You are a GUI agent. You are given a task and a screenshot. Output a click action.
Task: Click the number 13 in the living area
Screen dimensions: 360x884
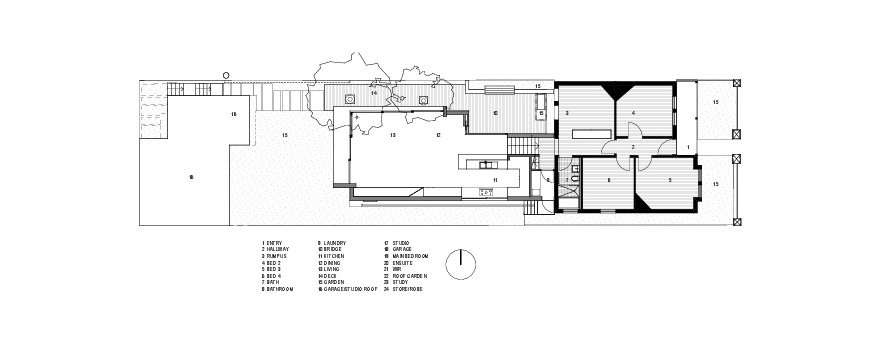click(x=393, y=133)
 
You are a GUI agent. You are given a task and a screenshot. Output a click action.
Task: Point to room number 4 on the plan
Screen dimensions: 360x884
click(x=634, y=113)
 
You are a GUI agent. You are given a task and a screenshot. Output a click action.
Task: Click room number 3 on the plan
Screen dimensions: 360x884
click(x=568, y=115)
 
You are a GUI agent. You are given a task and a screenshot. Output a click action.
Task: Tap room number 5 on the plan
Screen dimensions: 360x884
click(x=670, y=180)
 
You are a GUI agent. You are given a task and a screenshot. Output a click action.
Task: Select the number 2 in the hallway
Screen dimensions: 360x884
click(x=633, y=147)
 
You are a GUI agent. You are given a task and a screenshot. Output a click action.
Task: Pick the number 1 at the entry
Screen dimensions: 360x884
click(x=688, y=147)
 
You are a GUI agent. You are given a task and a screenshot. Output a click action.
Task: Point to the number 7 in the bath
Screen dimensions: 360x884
click(x=566, y=181)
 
